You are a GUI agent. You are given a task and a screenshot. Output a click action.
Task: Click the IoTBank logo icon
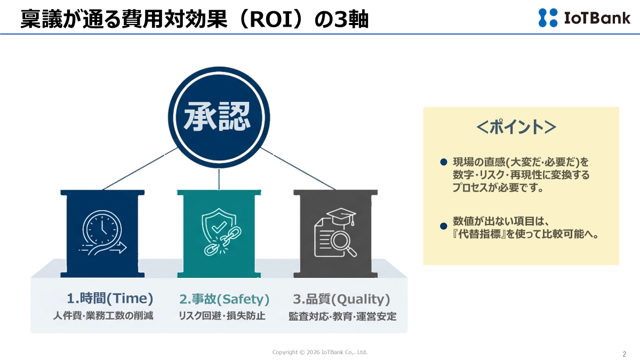click(x=548, y=18)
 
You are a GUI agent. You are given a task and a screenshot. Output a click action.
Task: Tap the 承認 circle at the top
click(x=219, y=118)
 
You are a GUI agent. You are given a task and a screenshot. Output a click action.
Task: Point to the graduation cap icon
click(x=341, y=216)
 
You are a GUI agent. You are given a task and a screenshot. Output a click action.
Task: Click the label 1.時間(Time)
click(x=110, y=299)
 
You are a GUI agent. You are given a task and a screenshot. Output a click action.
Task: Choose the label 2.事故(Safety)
click(x=224, y=299)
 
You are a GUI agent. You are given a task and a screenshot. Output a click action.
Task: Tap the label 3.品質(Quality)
click(x=342, y=299)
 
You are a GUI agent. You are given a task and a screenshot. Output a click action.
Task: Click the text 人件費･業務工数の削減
click(x=103, y=316)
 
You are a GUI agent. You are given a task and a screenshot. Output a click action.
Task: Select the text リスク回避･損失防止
click(x=222, y=316)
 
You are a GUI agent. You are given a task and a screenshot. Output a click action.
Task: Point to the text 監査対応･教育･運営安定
click(x=342, y=316)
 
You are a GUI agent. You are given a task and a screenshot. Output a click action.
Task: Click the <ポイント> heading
click(x=516, y=127)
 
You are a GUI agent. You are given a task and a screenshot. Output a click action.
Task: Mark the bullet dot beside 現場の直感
click(x=443, y=162)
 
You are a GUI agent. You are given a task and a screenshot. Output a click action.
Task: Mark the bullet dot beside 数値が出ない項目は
click(x=443, y=226)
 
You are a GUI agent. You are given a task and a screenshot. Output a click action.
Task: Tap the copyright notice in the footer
click(x=319, y=352)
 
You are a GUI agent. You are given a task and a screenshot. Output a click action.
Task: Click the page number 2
click(x=624, y=354)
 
